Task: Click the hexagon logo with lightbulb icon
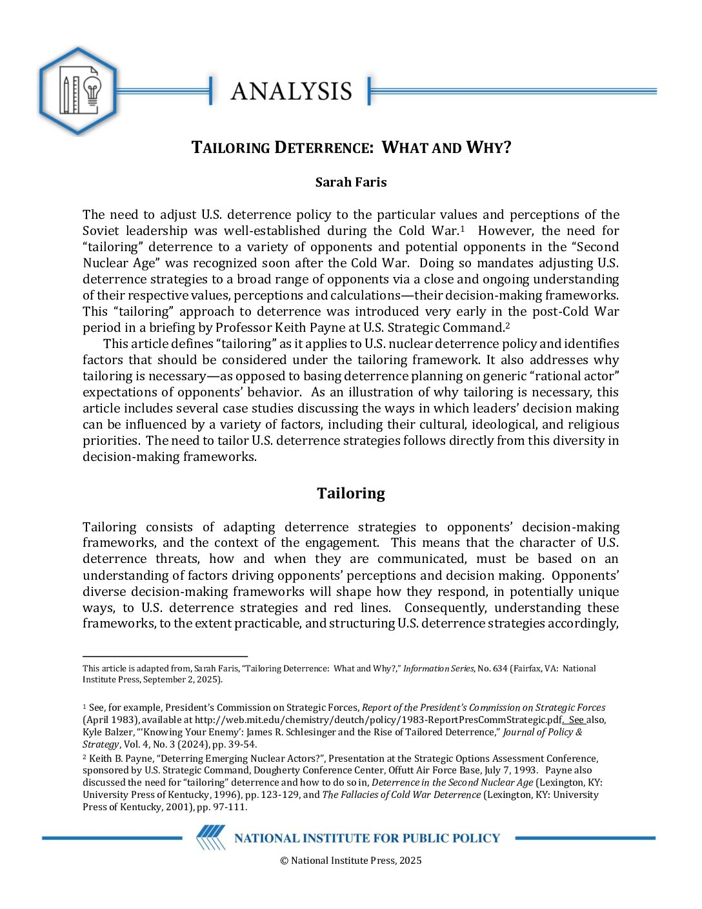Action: coord(78,91)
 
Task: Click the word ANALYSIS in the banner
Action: coord(291,91)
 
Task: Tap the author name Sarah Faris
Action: coord(351,182)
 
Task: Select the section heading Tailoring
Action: coord(351,493)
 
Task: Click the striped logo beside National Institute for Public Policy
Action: coord(211,837)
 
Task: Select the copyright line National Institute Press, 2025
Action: coord(351,860)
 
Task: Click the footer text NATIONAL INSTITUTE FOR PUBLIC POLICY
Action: coord(367,838)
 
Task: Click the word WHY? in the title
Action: coord(488,148)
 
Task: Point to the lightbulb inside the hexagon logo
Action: coord(92,89)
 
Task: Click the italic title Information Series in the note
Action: coord(439,669)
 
